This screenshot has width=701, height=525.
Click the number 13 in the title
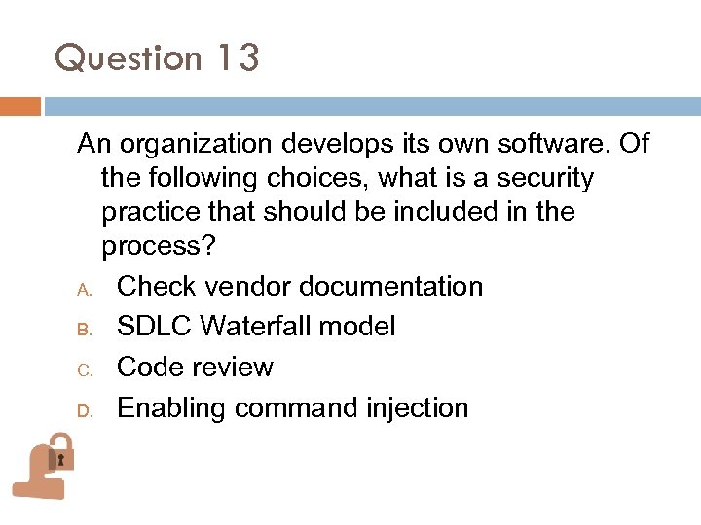238,58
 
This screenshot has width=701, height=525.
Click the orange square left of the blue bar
19,106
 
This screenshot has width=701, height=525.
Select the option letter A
85,289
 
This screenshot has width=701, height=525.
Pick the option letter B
85,330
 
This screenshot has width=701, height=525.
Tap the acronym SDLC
154,327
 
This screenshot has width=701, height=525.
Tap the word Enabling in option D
172,408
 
